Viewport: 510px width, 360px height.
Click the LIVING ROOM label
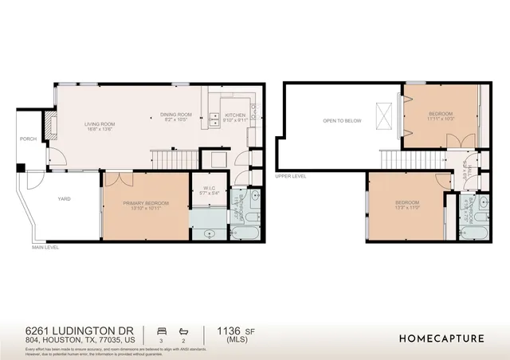point(101,123)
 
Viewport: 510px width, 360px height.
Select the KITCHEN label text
point(235,115)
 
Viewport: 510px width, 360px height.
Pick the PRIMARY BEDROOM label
point(146,203)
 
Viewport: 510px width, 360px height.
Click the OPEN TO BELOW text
point(342,120)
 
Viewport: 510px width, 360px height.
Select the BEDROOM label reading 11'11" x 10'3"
point(441,115)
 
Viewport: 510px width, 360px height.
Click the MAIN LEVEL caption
point(46,248)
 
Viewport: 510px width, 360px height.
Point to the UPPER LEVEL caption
point(290,176)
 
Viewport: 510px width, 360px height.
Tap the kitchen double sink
point(215,120)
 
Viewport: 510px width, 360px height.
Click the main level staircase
point(172,160)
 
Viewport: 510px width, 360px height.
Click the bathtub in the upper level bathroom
point(473,233)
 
